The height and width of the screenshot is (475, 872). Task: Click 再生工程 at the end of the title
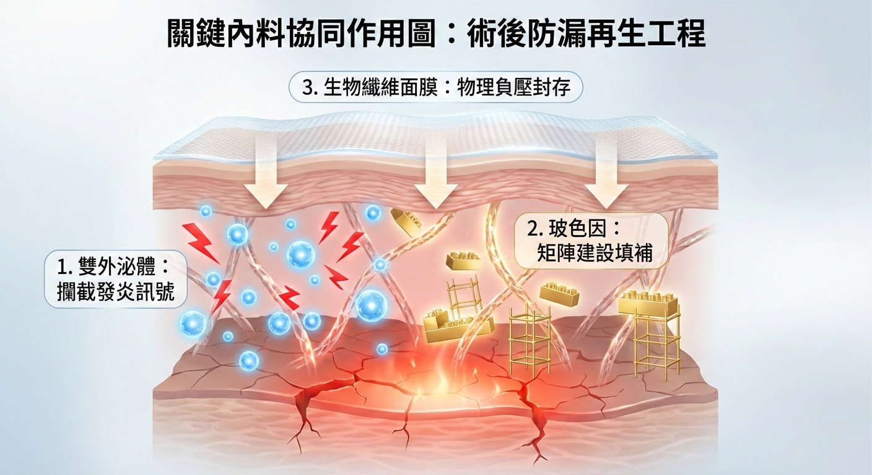(652, 34)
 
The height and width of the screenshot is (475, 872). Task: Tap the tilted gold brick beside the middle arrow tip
(406, 221)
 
